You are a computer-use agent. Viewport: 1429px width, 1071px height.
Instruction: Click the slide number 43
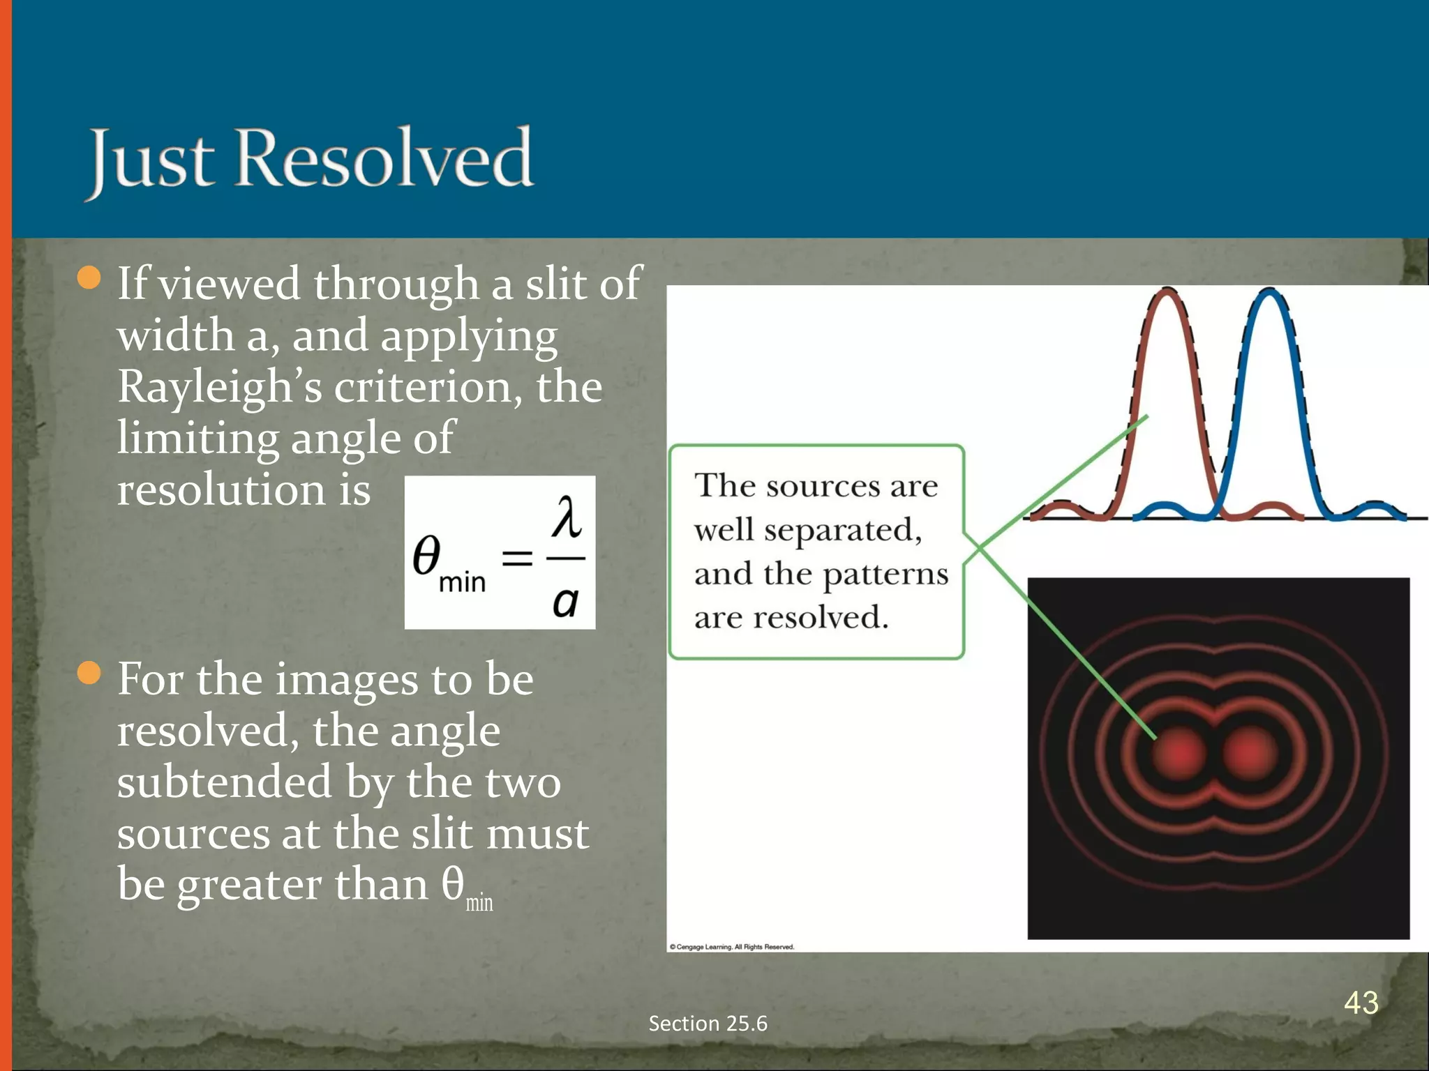pyautogui.click(x=1361, y=1003)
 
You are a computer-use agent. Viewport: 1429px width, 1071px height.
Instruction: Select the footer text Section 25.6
pyautogui.click(x=708, y=1023)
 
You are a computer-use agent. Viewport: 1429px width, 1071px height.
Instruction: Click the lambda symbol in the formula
pyautogui.click(x=566, y=517)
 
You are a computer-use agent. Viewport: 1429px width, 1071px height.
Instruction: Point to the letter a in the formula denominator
pyautogui.click(x=566, y=601)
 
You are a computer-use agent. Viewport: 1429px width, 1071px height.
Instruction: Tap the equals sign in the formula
pyautogui.click(x=518, y=558)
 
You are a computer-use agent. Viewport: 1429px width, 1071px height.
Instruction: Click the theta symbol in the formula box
pyautogui.click(x=426, y=556)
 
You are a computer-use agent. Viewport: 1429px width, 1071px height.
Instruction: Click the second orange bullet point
pyautogui.click(x=89, y=674)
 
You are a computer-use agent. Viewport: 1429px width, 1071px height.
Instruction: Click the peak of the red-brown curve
pyautogui.click(x=1167, y=293)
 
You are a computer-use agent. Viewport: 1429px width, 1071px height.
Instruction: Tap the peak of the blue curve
pyautogui.click(x=1270, y=293)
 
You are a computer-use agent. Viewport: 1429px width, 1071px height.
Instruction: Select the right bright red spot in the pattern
pyautogui.click(x=1250, y=754)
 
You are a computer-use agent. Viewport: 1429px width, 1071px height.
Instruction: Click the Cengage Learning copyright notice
pyautogui.click(x=732, y=947)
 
